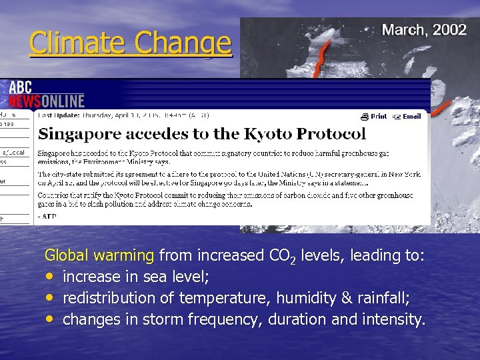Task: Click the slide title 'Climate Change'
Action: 131,43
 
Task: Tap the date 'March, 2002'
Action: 423,31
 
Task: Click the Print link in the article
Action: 375,116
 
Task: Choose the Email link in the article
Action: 407,116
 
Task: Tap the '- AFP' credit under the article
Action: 48,216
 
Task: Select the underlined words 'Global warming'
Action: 99,255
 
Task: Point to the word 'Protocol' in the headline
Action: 331,133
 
